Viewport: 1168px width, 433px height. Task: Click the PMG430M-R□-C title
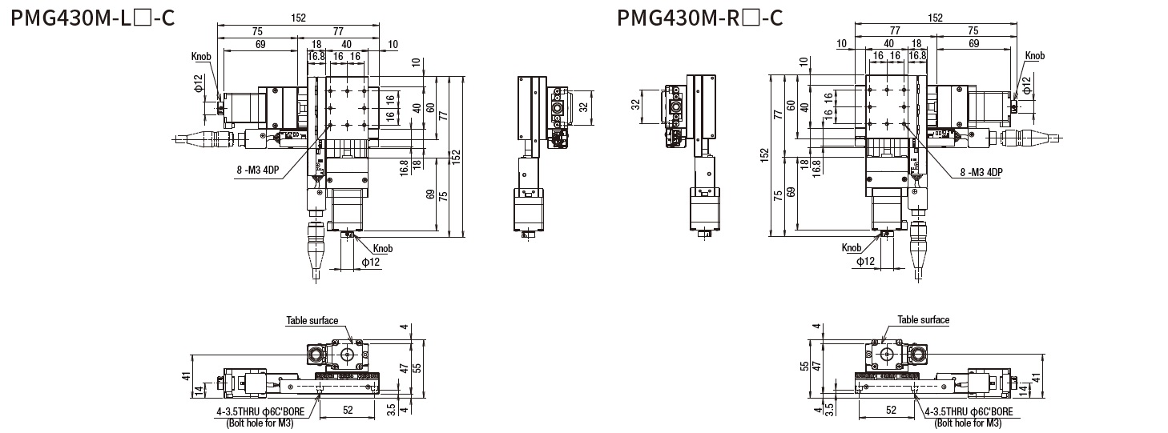click(699, 17)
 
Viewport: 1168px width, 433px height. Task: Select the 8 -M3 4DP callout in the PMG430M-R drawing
click(981, 172)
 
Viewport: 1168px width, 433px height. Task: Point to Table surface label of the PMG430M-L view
click(312, 320)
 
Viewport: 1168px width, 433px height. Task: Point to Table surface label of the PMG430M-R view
click(923, 319)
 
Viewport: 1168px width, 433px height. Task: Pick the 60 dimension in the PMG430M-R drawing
click(790, 106)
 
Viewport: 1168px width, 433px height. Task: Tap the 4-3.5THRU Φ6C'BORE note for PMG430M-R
click(968, 412)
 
